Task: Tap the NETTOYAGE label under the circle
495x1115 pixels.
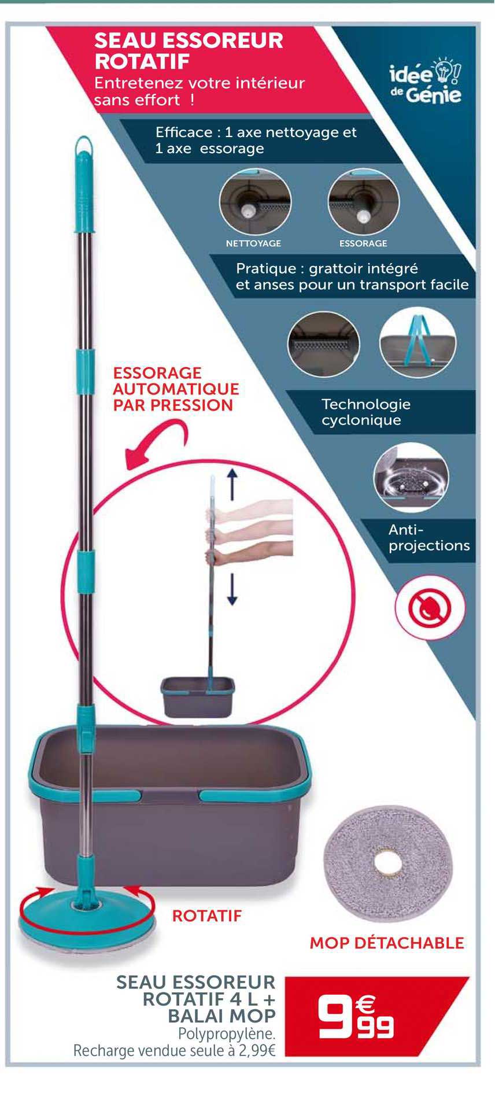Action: coord(253,243)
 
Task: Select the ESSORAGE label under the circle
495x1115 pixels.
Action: coord(363,243)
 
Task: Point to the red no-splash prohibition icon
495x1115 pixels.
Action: coord(430,607)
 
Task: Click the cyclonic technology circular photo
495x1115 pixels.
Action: coord(411,477)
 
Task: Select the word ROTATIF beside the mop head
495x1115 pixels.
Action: coord(206,915)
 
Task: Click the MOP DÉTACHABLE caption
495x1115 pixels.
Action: coord(387,943)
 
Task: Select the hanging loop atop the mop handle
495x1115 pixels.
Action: coord(84,145)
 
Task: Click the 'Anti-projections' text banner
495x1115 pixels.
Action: coord(428,537)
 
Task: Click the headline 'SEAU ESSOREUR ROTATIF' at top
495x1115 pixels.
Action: coord(189,50)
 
